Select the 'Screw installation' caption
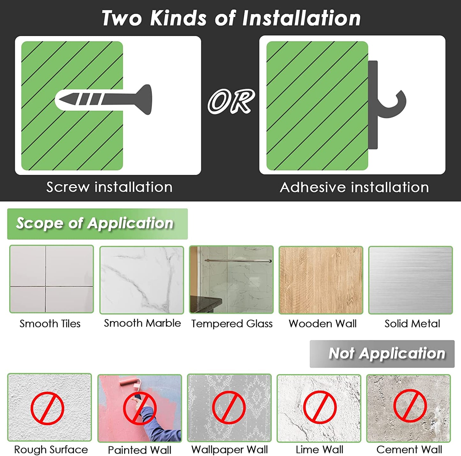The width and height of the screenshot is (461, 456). (109, 187)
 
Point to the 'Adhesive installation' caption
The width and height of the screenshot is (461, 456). (354, 187)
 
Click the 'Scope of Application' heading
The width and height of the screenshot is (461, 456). (95, 223)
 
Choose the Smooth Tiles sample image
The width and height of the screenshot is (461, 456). (51, 279)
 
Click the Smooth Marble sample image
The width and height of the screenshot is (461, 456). (142, 280)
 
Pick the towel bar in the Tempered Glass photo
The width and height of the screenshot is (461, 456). (238, 260)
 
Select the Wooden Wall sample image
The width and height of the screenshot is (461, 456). (321, 280)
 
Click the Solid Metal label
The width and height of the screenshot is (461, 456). (412, 324)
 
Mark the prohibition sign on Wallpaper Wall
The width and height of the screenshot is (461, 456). (229, 407)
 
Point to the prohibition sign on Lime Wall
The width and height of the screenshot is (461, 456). (320, 407)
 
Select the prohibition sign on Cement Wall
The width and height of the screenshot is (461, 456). (410, 406)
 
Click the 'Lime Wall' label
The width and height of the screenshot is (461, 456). (319, 450)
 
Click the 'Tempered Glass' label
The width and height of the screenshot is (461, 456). (232, 324)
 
